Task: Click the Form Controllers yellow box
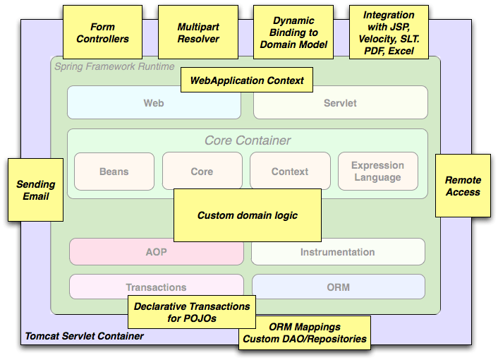pyautogui.click(x=102, y=32)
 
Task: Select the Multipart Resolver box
pyautogui.click(x=198, y=32)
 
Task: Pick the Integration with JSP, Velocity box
pyautogui.click(x=389, y=32)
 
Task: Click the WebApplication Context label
pyautogui.click(x=247, y=80)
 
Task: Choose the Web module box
pyautogui.click(x=154, y=103)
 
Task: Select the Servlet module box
pyautogui.click(x=340, y=103)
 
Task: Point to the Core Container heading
pyautogui.click(x=248, y=140)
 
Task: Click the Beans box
pyautogui.click(x=114, y=172)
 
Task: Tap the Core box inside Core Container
pyautogui.click(x=202, y=172)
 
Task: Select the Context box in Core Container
pyautogui.click(x=290, y=172)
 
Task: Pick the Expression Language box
pyautogui.click(x=377, y=172)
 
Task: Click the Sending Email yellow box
pyautogui.click(x=35, y=190)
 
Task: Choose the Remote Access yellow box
pyautogui.click(x=463, y=186)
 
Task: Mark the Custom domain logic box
pyautogui.click(x=247, y=215)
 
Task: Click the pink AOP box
pyautogui.click(x=156, y=252)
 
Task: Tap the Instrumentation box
pyautogui.click(x=338, y=252)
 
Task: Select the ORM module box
pyautogui.click(x=338, y=287)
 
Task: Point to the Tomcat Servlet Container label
pyautogui.click(x=84, y=336)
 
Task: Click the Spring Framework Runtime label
pyautogui.click(x=114, y=66)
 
